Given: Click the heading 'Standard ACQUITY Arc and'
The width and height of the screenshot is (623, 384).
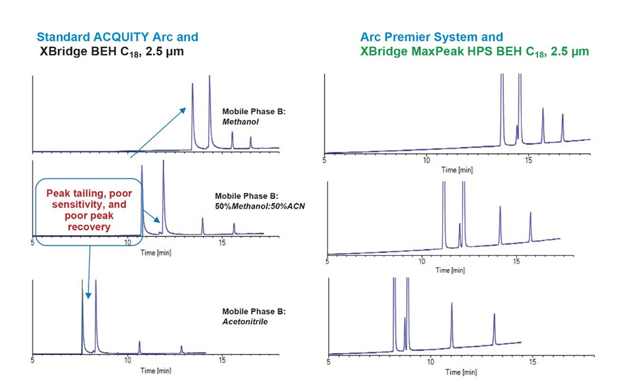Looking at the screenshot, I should click(x=117, y=37).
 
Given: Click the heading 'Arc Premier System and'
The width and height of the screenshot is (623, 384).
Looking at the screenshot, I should click(x=431, y=37).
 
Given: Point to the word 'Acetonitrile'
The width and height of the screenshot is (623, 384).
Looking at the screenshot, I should click(x=244, y=322).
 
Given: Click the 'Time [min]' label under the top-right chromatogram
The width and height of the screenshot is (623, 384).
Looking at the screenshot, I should click(x=458, y=170).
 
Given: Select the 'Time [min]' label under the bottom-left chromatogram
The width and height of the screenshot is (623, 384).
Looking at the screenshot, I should click(x=155, y=370).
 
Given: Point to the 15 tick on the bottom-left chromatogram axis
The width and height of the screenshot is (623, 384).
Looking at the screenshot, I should click(x=221, y=360).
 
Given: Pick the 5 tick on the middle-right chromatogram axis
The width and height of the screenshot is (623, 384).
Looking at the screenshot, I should click(x=327, y=261).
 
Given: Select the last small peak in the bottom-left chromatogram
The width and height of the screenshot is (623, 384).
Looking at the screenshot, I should click(x=181, y=348).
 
